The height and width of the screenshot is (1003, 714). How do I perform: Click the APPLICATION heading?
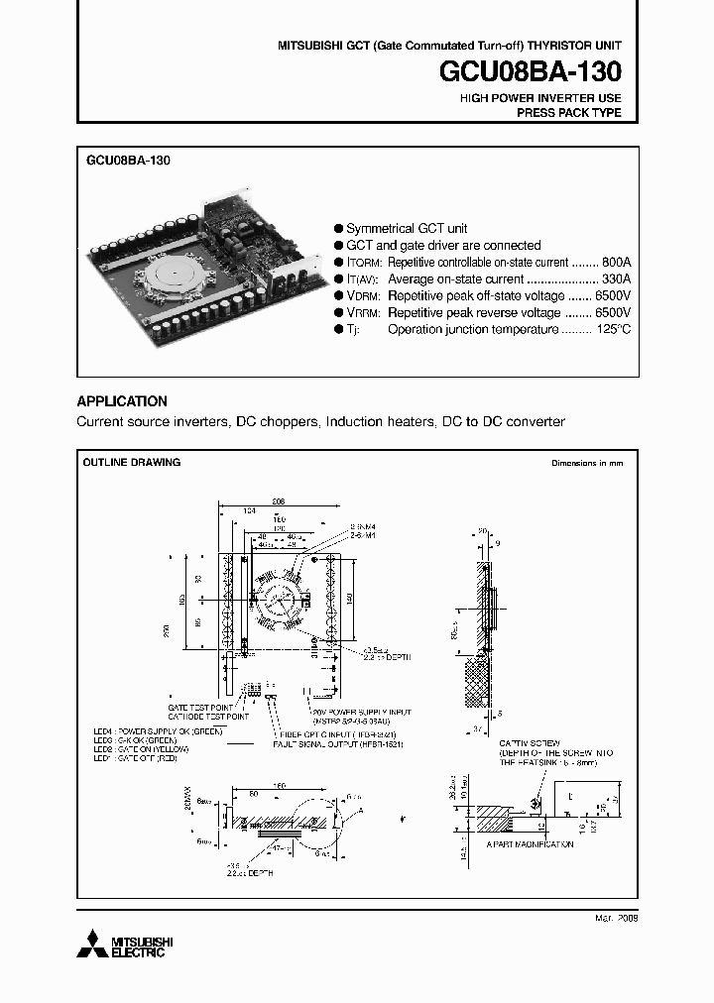coord(122,401)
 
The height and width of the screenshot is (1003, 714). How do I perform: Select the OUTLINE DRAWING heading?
coord(131,463)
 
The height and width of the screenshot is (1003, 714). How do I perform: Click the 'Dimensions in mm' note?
coord(587,463)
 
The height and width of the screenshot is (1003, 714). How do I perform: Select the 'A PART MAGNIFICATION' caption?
coord(530,844)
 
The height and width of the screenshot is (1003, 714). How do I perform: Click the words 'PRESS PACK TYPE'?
coord(568,113)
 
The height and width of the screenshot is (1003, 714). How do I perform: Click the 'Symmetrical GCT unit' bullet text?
coord(407,228)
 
